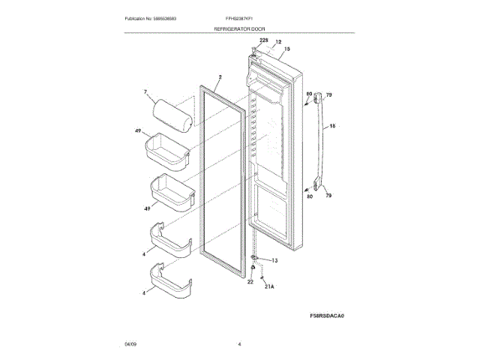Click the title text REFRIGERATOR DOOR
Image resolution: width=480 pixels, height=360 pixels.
point(239,28)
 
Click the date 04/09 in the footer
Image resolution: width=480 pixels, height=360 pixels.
point(130,343)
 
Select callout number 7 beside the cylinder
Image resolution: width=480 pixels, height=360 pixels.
point(145,93)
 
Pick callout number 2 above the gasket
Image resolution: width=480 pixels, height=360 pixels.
point(220,76)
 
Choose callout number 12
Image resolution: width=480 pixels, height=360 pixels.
point(277,42)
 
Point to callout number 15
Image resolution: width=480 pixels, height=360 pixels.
point(286,49)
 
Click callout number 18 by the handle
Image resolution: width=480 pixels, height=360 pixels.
point(332,127)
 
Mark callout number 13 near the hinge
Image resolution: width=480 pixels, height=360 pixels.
point(274,261)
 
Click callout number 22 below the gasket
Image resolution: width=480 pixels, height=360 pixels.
point(250,282)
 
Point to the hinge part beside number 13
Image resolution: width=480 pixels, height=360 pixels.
point(256,260)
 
